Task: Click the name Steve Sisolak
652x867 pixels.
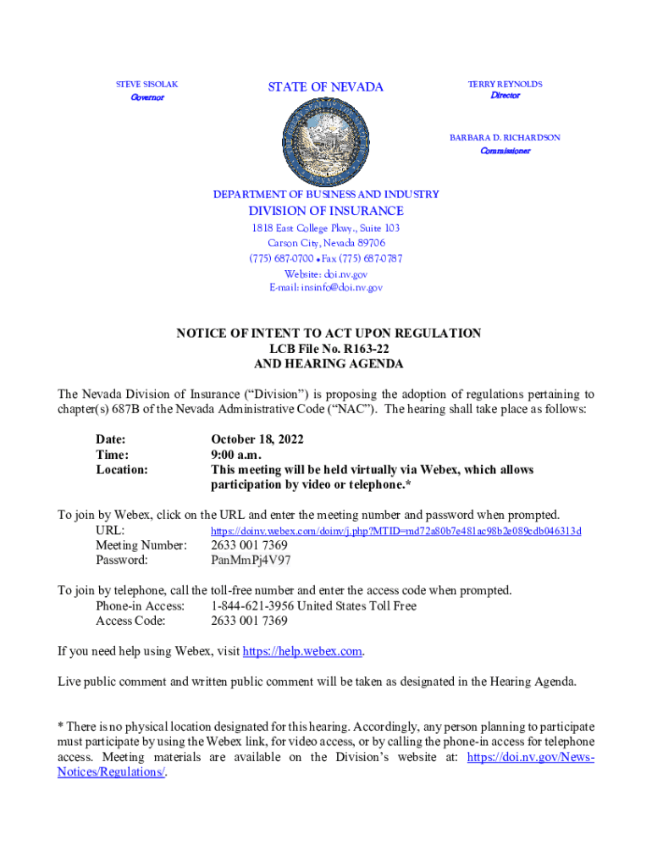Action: [x=146, y=85]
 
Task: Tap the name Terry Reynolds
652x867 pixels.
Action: [x=505, y=85]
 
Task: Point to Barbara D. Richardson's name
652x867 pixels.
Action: [x=505, y=137]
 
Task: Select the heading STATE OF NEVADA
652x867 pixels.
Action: [x=326, y=87]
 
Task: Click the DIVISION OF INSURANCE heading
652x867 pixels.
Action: [x=326, y=211]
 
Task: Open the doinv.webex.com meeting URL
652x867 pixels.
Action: [x=395, y=531]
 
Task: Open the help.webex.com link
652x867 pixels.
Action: [x=303, y=651]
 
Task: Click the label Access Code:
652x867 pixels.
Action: [x=130, y=621]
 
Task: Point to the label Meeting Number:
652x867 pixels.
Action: [x=141, y=545]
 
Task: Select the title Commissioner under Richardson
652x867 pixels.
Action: [x=505, y=152]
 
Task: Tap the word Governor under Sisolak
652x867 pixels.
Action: [x=146, y=98]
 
